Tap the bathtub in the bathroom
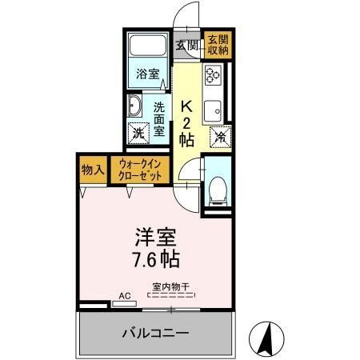pos(147,49)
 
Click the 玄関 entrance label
pos(188,44)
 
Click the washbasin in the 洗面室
pos(134,107)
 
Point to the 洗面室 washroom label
pos(159,118)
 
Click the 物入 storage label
pos(92,170)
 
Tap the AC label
pos(124,295)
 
